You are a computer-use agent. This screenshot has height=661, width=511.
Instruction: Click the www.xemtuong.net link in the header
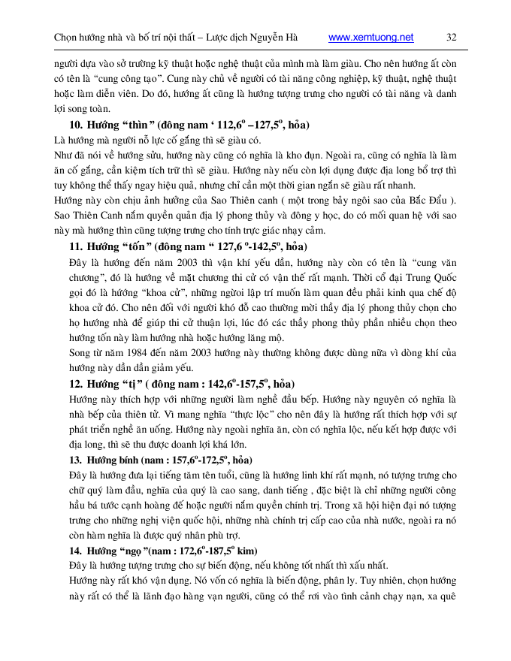pyautogui.click(x=371, y=37)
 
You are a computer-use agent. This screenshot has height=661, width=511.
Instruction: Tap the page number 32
pyautogui.click(x=452, y=37)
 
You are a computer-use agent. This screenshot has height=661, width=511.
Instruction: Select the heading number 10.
pyautogui.click(x=75, y=125)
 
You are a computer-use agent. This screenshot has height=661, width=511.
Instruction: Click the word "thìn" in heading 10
pyautogui.click(x=140, y=125)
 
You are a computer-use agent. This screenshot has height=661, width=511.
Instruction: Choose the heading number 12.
pyautogui.click(x=75, y=383)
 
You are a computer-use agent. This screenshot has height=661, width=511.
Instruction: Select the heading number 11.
pyautogui.click(x=75, y=246)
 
